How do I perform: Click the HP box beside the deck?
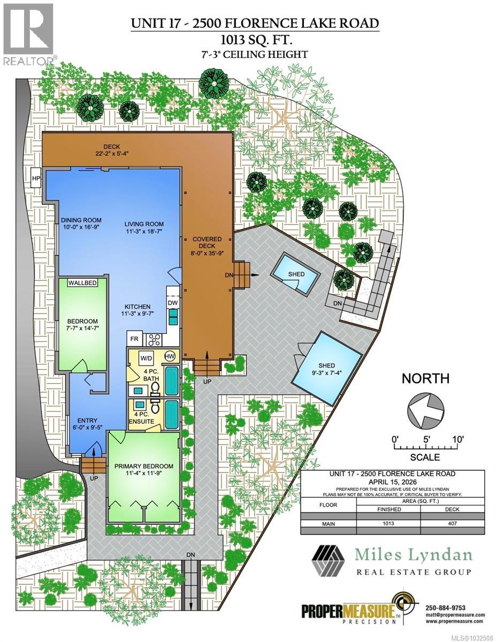coord(36,178)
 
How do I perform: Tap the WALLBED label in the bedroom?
coord(82,283)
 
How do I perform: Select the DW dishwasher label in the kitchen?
coord(172,303)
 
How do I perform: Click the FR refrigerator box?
coord(133,339)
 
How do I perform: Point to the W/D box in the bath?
coord(146,357)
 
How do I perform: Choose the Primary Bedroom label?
coord(143,465)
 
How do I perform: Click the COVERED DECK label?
coord(207,243)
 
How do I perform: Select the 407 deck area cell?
coord(453,523)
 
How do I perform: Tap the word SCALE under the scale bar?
coord(425,457)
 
